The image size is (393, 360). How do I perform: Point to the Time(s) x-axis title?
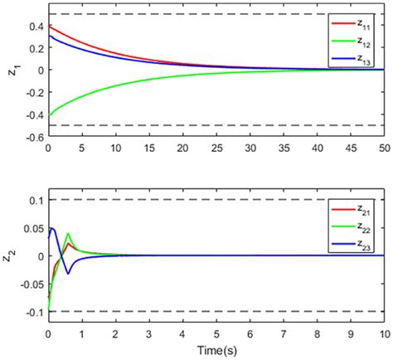point(216,351)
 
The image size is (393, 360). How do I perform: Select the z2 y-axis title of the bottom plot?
point(12,257)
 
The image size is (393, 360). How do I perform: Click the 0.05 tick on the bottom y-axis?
point(31,228)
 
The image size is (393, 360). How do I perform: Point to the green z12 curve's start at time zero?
point(49,116)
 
